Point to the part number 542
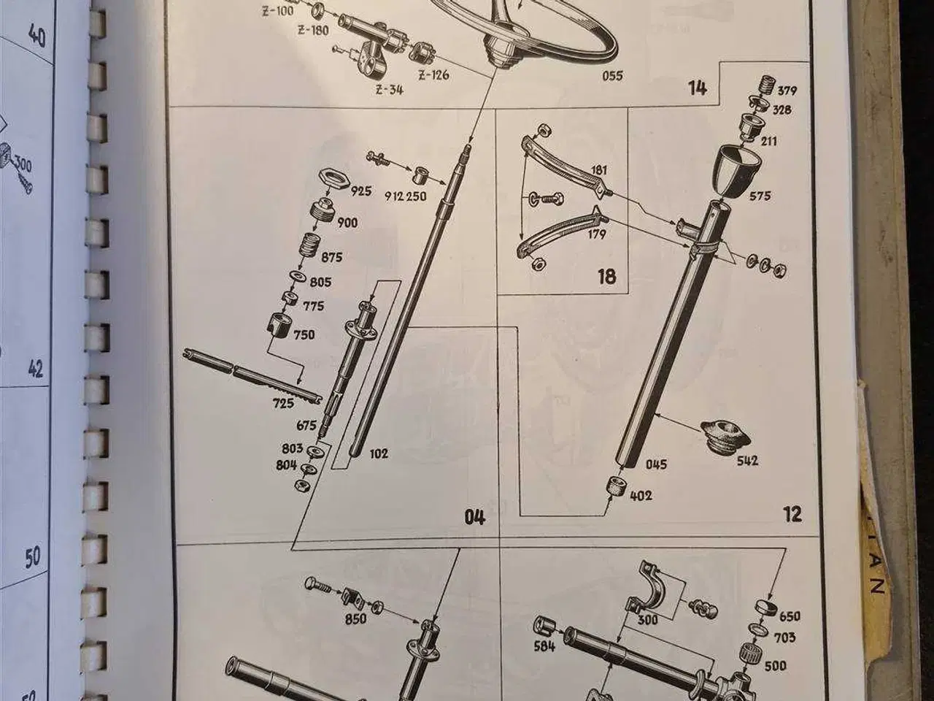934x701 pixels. pos(747,460)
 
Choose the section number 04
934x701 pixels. pos(474,517)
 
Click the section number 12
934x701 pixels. pos(792,514)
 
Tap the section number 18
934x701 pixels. pos(606,276)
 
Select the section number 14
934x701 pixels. pos(697,88)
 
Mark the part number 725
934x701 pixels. pos(284,402)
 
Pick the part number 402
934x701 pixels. pos(641,495)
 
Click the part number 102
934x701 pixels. pos(379,453)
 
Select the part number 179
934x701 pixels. pos(596,234)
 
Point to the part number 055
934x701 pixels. pos(612,75)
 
